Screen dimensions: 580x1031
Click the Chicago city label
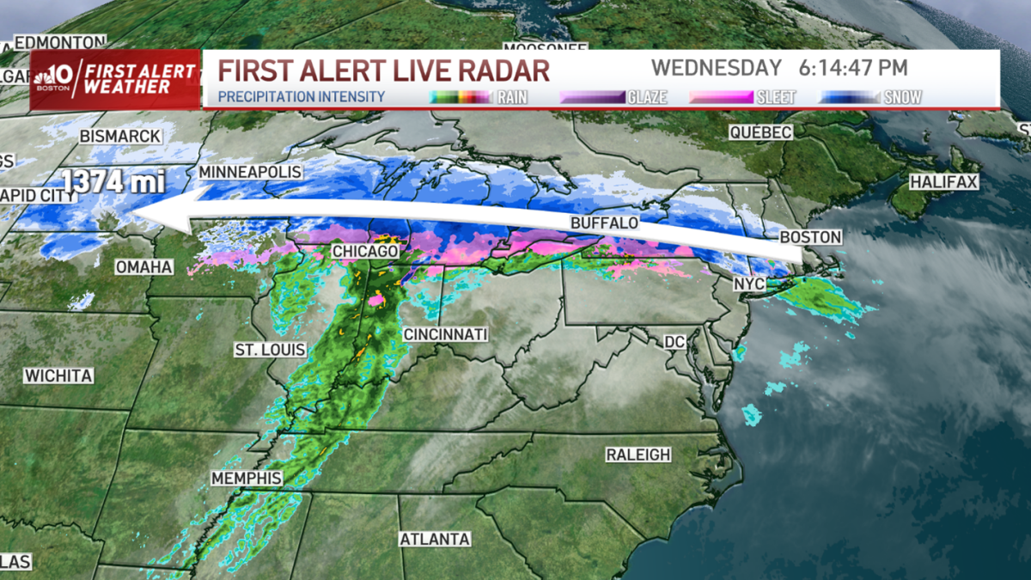(365, 251)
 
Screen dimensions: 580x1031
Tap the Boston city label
(810, 236)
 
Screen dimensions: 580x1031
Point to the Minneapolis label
(250, 172)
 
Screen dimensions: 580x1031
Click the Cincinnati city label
(445, 334)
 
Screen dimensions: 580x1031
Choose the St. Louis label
(270, 350)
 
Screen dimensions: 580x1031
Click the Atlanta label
(435, 539)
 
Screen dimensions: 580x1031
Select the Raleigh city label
(638, 455)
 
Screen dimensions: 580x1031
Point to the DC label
(674, 342)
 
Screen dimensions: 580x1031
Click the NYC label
(748, 284)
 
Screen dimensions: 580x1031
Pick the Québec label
(760, 132)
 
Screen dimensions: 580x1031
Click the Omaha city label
(144, 267)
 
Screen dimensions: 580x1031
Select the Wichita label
(58, 375)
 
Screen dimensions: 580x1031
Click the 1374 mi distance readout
(113, 181)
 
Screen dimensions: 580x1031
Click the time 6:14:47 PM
(852, 68)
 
